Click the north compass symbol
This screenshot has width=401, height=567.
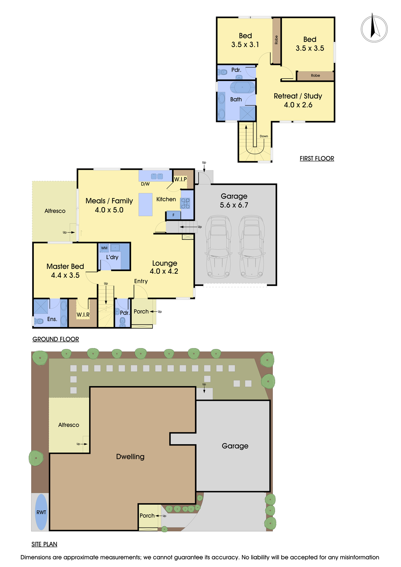(x=374, y=29)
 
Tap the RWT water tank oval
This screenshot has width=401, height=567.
(x=41, y=512)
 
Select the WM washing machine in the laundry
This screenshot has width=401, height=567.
(x=104, y=248)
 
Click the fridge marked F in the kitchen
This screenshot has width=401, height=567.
(x=173, y=215)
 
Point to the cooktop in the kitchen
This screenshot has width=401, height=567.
(x=185, y=203)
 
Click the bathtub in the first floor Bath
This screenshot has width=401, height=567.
(x=242, y=88)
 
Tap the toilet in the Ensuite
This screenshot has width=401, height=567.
(x=39, y=321)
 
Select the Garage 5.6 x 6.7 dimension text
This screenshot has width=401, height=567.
(x=234, y=205)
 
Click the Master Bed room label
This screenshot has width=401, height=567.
(x=65, y=266)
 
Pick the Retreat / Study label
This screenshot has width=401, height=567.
(x=298, y=96)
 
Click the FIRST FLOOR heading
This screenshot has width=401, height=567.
(x=317, y=158)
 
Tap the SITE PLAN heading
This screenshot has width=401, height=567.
(x=44, y=544)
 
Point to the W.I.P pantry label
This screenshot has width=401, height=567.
(x=180, y=179)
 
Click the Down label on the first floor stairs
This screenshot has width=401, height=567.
(x=264, y=136)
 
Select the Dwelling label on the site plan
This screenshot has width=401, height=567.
(x=130, y=456)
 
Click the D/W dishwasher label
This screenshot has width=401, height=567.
(x=145, y=184)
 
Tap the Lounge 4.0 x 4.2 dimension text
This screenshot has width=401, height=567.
(x=164, y=271)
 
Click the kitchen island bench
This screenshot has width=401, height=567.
(x=145, y=204)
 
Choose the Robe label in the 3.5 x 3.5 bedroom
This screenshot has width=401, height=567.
(x=315, y=75)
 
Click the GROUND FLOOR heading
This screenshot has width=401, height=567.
(x=56, y=339)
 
